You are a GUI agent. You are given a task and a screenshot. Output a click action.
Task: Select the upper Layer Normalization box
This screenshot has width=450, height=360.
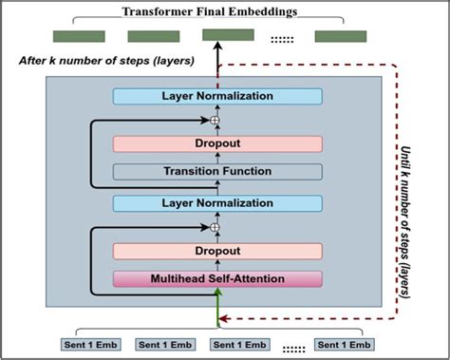217,97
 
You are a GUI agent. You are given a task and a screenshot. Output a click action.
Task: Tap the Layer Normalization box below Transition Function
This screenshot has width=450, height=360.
217,203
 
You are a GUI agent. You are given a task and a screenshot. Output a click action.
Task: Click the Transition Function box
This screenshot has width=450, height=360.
217,172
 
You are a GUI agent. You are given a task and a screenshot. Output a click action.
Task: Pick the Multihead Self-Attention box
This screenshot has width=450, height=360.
217,278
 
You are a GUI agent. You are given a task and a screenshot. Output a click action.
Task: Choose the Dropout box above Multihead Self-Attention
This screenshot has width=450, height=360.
217,251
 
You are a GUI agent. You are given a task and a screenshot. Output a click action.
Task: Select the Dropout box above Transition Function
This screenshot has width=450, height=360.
217,144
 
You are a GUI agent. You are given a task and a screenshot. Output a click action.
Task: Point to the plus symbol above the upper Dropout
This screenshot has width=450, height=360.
216,121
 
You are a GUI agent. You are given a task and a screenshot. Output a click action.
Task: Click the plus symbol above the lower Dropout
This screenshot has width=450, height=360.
216,227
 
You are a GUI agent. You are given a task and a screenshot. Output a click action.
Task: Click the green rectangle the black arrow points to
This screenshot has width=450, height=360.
228,36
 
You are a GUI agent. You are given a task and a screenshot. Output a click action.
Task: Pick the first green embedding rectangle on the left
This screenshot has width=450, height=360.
78,37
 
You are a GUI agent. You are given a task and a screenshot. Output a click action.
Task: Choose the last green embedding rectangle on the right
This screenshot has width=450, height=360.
341,37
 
